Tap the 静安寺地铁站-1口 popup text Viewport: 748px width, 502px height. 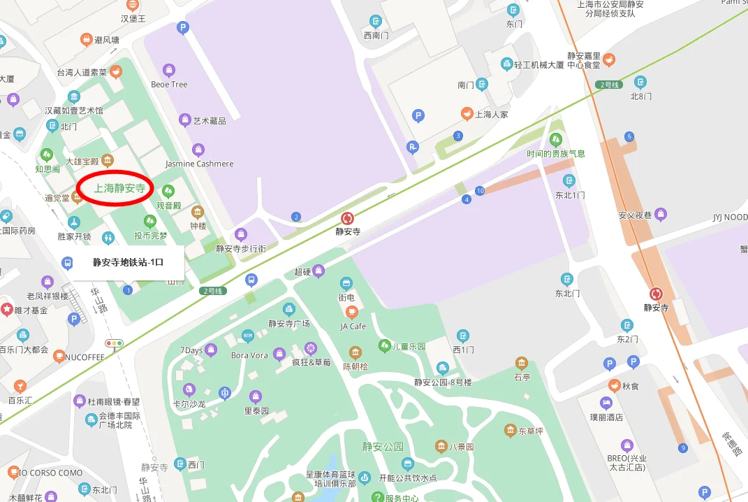128,263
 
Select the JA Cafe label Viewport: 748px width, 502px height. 353,326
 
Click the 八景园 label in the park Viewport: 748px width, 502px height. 462,446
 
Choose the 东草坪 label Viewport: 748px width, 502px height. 530,431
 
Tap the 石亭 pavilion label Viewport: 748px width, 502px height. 522,377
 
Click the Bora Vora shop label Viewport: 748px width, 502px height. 249,355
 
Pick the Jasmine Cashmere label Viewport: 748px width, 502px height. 199,164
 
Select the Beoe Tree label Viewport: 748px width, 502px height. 169,84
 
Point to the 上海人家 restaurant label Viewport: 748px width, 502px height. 492,114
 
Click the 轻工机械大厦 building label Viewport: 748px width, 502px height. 538,64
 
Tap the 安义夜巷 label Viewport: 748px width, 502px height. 634,215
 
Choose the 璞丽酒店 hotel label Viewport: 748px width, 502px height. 606,417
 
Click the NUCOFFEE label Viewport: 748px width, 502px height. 84,357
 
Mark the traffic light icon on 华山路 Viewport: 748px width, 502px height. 113,343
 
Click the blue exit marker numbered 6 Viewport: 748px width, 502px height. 629,136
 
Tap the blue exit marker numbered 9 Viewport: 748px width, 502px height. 682,447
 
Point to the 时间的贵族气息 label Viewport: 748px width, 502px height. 556,153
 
